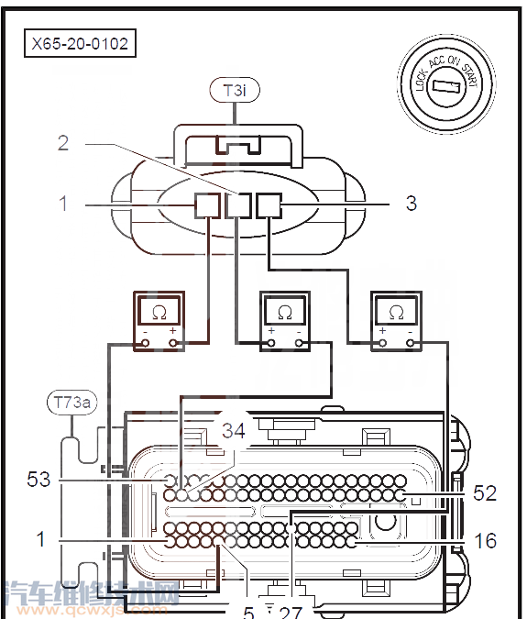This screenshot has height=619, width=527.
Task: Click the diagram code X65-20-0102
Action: point(80,42)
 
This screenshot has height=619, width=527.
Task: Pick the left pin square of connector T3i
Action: point(207,205)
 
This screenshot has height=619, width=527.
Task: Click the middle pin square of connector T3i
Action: point(238,205)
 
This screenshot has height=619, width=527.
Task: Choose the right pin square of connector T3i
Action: point(269,205)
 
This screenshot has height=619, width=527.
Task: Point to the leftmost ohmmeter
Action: point(159,322)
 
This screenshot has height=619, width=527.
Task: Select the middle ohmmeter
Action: point(284,322)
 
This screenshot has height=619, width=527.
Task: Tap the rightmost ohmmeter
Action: point(396,322)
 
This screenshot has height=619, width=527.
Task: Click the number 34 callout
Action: point(234,430)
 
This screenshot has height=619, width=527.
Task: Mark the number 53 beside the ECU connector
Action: point(40,480)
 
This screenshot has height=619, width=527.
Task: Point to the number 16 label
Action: point(485,541)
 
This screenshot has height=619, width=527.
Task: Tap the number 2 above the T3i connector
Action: point(63,142)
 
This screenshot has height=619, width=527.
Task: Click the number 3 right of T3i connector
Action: point(411,203)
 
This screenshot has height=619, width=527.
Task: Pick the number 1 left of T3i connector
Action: point(63,203)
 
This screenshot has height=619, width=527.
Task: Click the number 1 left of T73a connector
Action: point(40,540)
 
